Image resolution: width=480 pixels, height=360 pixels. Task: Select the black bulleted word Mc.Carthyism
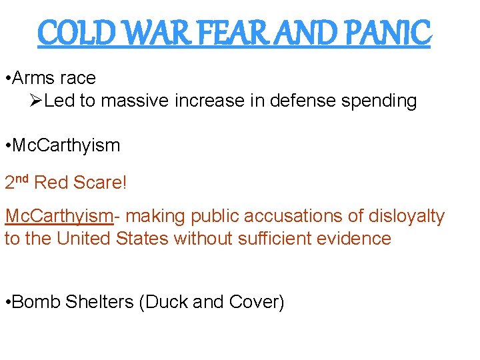(66, 145)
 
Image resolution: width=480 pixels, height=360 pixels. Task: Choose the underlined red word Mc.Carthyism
(58, 216)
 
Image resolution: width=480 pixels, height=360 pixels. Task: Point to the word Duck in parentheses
(166, 302)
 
